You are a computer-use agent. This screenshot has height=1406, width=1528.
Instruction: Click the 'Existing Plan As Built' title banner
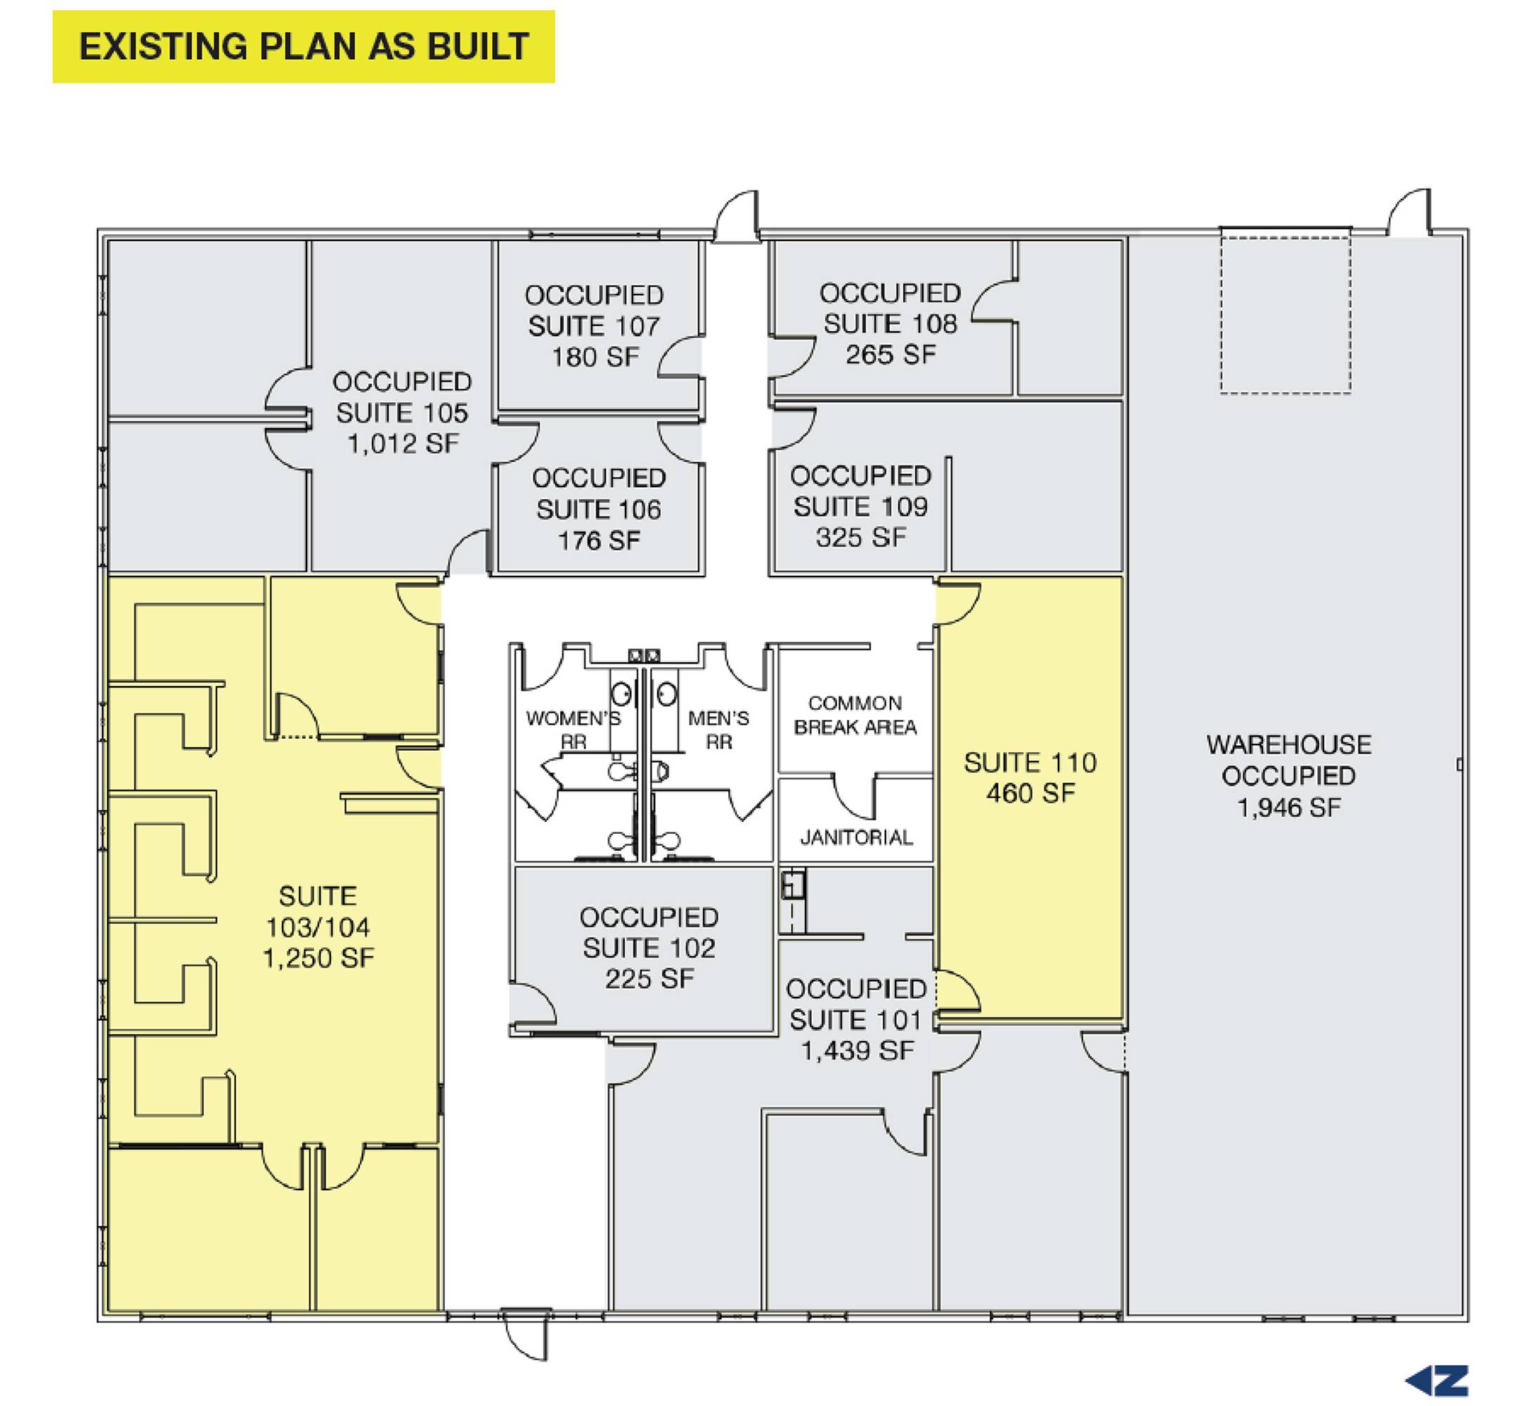(304, 46)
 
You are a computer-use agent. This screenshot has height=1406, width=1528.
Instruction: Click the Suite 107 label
(594, 325)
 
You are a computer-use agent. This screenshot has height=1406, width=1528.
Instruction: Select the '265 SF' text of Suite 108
(891, 354)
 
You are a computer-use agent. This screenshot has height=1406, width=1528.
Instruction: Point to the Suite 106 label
(600, 509)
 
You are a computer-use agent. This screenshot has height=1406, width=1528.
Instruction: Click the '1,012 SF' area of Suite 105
(403, 444)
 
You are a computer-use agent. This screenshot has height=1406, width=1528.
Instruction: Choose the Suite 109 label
(861, 507)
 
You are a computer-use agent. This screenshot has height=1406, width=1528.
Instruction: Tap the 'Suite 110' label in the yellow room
(1030, 763)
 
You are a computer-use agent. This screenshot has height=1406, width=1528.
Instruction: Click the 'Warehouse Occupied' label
(1289, 760)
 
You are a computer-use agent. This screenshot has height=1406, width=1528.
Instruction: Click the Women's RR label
(574, 730)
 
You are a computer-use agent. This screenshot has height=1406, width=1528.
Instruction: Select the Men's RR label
(719, 730)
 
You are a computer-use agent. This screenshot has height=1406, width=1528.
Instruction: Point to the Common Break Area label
(855, 715)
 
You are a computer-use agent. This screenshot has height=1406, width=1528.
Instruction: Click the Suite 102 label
(649, 947)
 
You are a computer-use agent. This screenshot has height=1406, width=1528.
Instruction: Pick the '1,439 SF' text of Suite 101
(857, 1051)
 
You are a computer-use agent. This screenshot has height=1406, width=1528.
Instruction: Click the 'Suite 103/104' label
(318, 912)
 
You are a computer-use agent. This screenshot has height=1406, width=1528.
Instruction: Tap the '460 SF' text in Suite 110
(1031, 794)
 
